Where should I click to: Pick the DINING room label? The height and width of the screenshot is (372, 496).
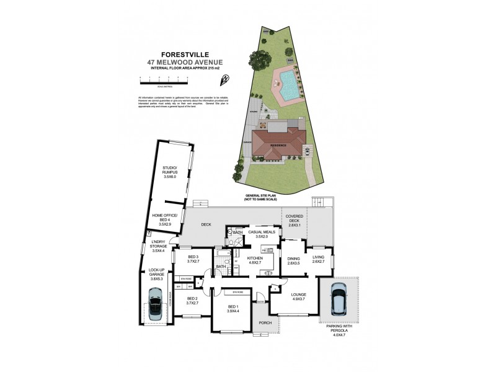[x=293, y=259]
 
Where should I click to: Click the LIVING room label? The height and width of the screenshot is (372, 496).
[x=318, y=259]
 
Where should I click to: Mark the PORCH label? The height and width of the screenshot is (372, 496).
[x=265, y=322]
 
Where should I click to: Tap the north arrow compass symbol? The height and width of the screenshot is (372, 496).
[x=225, y=78]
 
